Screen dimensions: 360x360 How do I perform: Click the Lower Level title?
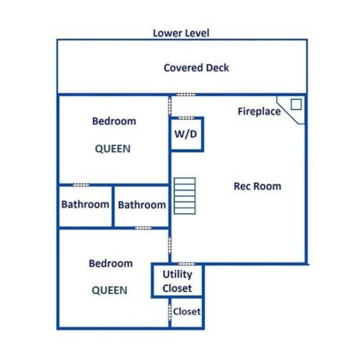click(x=181, y=33)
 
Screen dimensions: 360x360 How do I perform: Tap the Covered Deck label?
click(x=196, y=67)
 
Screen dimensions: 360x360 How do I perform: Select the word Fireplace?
click(x=259, y=111)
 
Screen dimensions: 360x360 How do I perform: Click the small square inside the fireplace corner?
click(x=296, y=104)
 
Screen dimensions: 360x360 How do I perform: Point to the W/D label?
click(x=185, y=134)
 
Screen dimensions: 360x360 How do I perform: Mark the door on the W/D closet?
click(x=186, y=118)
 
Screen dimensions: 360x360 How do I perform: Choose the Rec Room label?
click(x=257, y=186)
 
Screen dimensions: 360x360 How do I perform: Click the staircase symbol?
click(x=184, y=196)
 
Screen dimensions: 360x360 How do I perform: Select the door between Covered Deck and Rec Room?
click(x=186, y=94)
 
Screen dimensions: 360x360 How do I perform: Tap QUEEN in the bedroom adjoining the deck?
click(x=112, y=149)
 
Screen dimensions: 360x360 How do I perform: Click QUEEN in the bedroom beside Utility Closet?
click(x=109, y=290)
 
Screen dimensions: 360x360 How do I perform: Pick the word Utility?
click(x=177, y=274)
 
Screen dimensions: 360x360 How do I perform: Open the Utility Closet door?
click(x=186, y=264)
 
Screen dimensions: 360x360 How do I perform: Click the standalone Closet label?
click(x=186, y=311)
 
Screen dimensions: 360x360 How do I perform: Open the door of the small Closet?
click(x=170, y=312)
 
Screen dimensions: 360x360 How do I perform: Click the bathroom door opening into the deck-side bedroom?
click(x=81, y=185)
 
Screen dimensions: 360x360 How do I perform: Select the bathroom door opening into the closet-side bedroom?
click(x=143, y=228)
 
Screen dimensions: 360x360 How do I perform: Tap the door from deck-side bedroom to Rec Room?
click(x=170, y=106)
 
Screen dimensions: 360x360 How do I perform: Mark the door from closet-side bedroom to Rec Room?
click(x=170, y=245)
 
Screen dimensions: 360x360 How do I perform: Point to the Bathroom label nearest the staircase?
click(x=142, y=205)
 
